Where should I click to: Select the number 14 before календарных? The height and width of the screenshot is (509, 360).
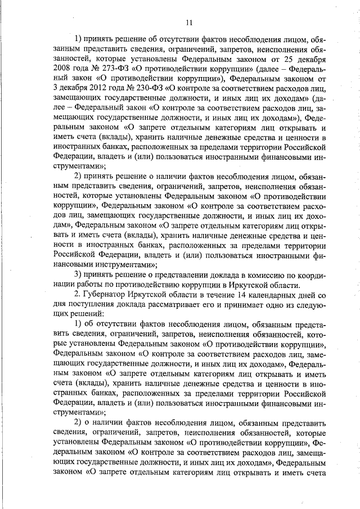point(244,294)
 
